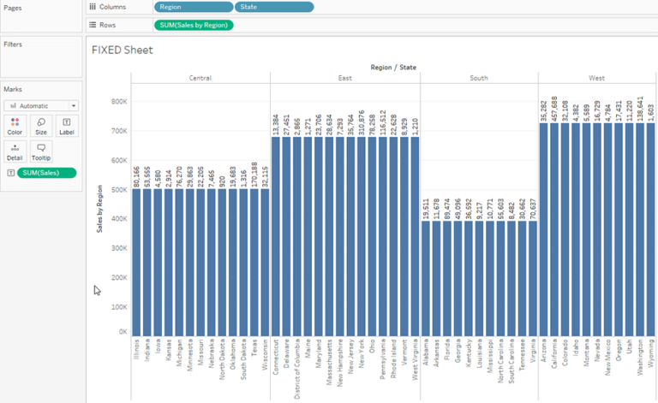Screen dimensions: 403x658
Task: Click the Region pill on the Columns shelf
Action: pyautogui.click(x=193, y=7)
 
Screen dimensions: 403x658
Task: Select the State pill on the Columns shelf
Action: pyautogui.click(x=274, y=7)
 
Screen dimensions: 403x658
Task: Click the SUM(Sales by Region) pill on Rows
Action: pyautogui.click(x=194, y=25)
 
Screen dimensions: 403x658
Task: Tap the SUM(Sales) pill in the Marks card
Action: pyautogui.click(x=46, y=173)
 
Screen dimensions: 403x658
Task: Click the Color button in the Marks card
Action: pyautogui.click(x=15, y=127)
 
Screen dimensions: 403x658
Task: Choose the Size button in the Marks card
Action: pyautogui.click(x=40, y=127)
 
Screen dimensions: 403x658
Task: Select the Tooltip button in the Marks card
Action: pyautogui.click(x=40, y=152)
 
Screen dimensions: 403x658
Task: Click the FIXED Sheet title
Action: pyautogui.click(x=122, y=50)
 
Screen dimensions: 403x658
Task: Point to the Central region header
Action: pyautogui.click(x=200, y=78)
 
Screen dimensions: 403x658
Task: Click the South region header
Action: pyautogui.click(x=479, y=78)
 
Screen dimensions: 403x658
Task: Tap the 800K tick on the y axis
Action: pyautogui.click(x=118, y=102)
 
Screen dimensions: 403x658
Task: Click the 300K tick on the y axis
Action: pyautogui.click(x=118, y=249)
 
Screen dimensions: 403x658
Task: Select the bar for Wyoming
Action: pyautogui.click(x=649, y=231)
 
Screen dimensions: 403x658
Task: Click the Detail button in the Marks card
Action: pyautogui.click(x=15, y=152)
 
